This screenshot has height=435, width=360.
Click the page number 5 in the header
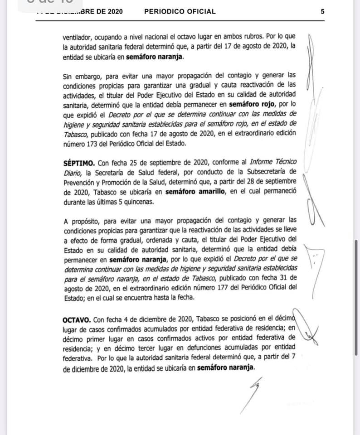[x=322, y=12]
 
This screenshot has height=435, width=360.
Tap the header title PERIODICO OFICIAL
[x=180, y=12]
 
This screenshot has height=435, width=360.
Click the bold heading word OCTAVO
[x=77, y=320]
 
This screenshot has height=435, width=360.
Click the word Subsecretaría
[x=267, y=171]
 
